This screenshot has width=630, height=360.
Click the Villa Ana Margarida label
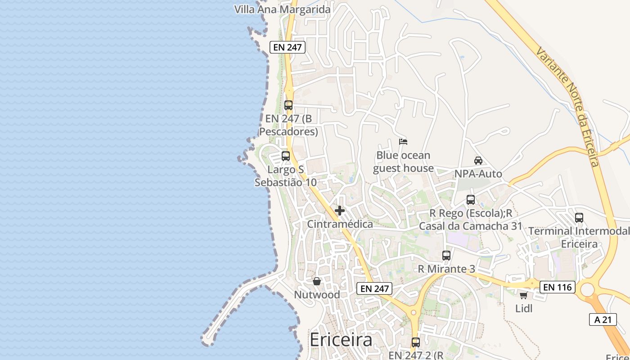(282, 9)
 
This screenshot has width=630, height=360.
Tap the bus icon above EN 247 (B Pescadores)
(288, 105)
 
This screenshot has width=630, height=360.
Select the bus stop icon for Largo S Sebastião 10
(286, 156)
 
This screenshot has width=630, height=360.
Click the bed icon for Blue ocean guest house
(403, 142)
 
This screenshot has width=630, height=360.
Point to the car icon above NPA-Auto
(478, 161)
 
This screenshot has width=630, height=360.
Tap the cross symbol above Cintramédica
(340, 211)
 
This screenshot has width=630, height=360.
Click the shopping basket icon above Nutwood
(317, 281)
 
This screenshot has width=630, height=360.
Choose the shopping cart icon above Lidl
(523, 295)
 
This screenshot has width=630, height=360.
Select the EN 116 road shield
(558, 287)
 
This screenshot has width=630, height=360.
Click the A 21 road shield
(603, 319)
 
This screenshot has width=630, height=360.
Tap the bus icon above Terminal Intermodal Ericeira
(579, 218)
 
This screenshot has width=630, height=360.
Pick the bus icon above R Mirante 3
(446, 256)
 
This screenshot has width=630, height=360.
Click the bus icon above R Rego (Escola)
(471, 199)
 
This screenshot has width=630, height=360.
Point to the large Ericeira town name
(341, 340)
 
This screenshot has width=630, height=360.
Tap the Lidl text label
(524, 309)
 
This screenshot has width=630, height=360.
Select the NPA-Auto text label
(478, 174)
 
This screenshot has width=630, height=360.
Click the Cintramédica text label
(340, 224)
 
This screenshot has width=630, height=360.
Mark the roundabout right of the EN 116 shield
(587, 290)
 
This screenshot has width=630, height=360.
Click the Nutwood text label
(317, 295)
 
